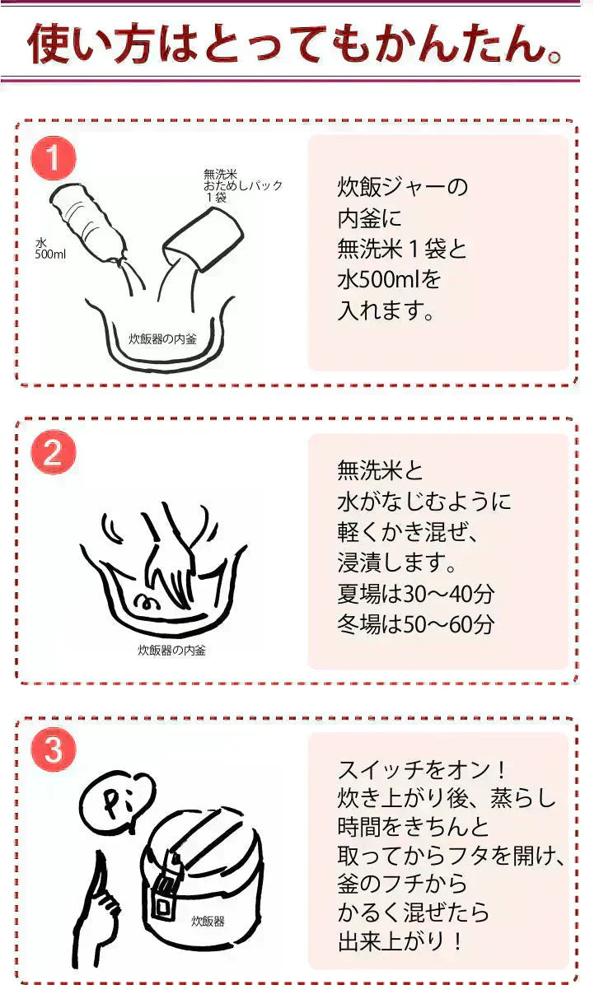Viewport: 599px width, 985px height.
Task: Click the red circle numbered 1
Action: tap(54, 157)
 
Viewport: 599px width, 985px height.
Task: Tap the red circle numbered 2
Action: tap(54, 452)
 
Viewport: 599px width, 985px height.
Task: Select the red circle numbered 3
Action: tap(54, 749)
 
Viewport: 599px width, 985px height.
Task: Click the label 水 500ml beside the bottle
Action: tap(49, 249)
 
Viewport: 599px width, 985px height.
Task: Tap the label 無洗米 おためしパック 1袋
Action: tap(242, 185)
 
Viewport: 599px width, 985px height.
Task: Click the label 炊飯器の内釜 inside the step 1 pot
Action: tap(163, 338)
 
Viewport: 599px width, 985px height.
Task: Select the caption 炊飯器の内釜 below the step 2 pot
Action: tap(171, 650)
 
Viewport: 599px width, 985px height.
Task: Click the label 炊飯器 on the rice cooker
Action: tap(208, 921)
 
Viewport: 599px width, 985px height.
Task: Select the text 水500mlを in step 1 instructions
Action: tap(389, 279)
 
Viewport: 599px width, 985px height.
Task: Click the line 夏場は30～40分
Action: tap(415, 593)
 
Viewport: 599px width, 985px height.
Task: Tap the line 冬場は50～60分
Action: tap(415, 623)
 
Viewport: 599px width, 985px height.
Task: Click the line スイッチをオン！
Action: tap(422, 769)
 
